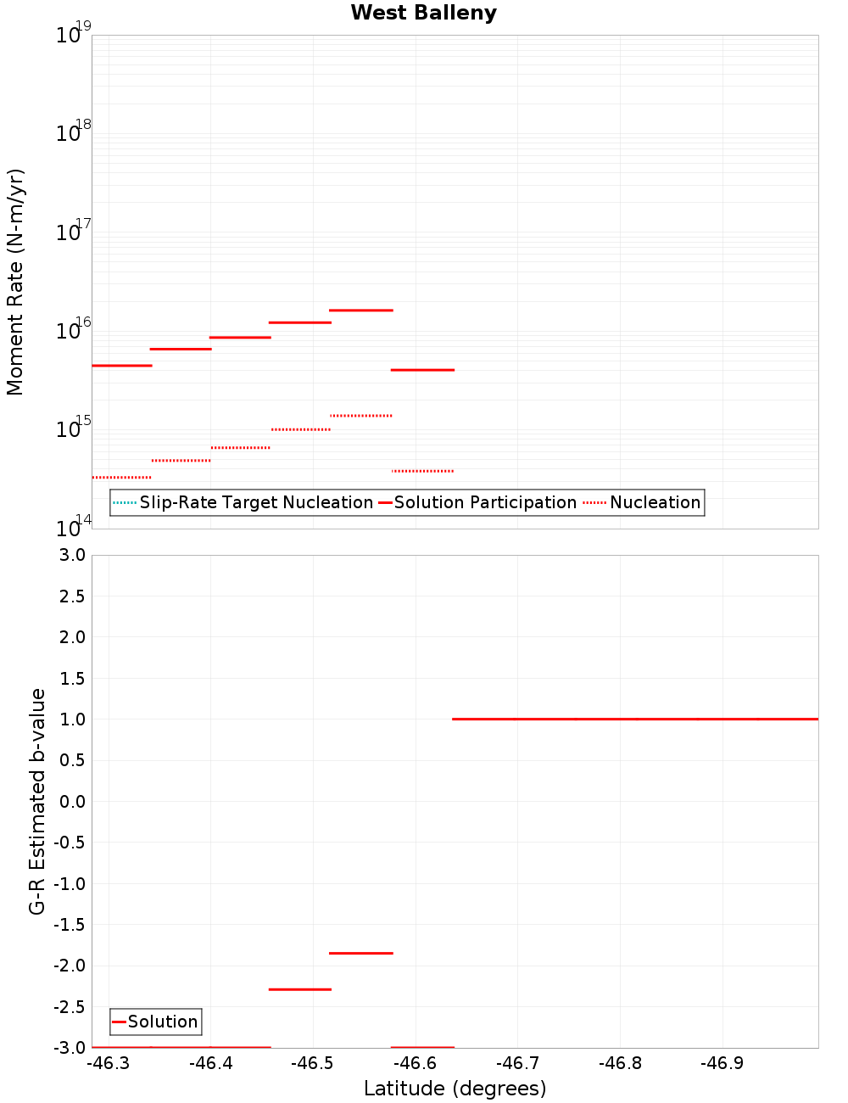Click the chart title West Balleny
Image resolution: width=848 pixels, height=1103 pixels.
pos(423,13)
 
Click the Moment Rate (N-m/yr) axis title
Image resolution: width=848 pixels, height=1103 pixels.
pos(15,282)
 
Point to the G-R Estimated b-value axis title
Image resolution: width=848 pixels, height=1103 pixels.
pos(37,801)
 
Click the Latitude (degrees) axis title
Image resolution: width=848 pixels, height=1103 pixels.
pos(455,1089)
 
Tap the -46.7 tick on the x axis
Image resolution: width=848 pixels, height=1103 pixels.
pos(517,1063)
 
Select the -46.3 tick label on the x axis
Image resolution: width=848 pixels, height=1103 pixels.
pos(109,1063)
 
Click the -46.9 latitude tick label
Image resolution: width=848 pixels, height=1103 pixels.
pos(722,1063)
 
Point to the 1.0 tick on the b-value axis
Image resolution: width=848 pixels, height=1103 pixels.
pos(71,719)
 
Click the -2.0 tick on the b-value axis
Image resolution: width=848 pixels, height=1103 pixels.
pos(69,966)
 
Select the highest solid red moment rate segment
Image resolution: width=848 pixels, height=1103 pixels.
pos(360,311)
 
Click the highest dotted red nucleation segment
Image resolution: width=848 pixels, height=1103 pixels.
pos(360,416)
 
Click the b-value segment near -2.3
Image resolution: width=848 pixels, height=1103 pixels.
pos(299,989)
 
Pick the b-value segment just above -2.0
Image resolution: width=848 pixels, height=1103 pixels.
pos(360,953)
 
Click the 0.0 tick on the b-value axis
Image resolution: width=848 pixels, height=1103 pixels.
pos(71,801)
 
